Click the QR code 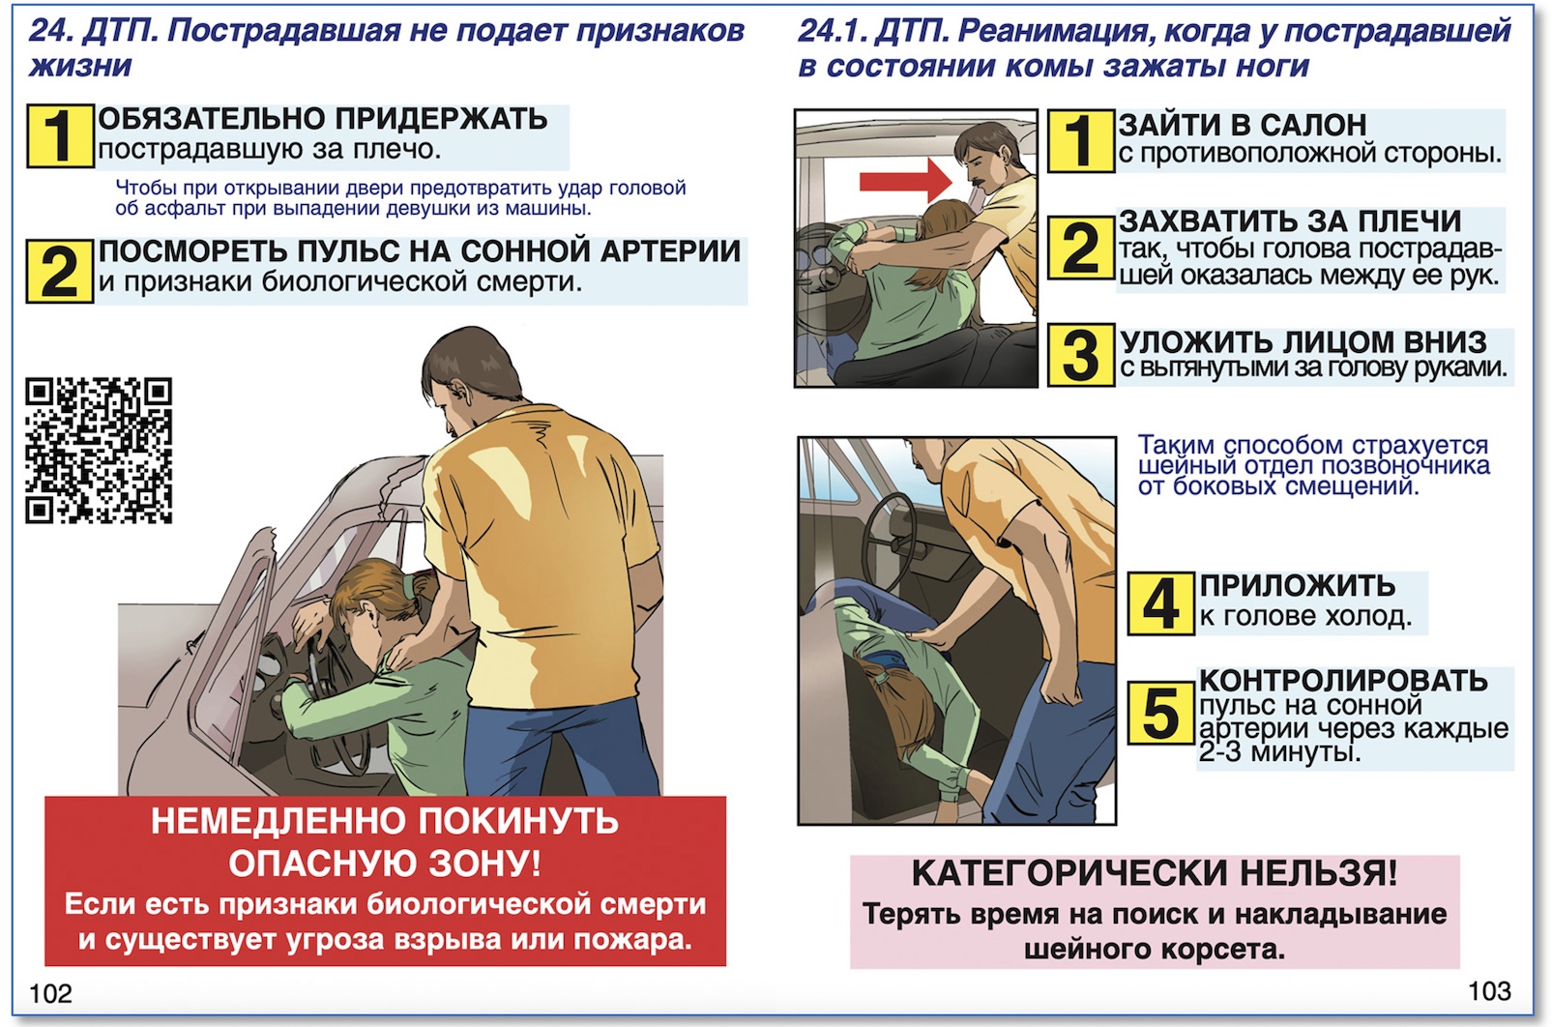click(99, 451)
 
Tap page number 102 click(50, 993)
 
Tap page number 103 click(1488, 990)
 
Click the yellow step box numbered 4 click(1160, 603)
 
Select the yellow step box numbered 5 click(1160, 714)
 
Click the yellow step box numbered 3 click(1081, 355)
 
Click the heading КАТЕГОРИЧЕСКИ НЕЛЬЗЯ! click(1155, 873)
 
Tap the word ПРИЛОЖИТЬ click(1297, 585)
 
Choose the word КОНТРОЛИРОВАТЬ click(1343, 680)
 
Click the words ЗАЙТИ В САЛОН click(1243, 125)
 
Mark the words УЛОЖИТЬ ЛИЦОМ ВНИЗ click(1303, 341)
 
